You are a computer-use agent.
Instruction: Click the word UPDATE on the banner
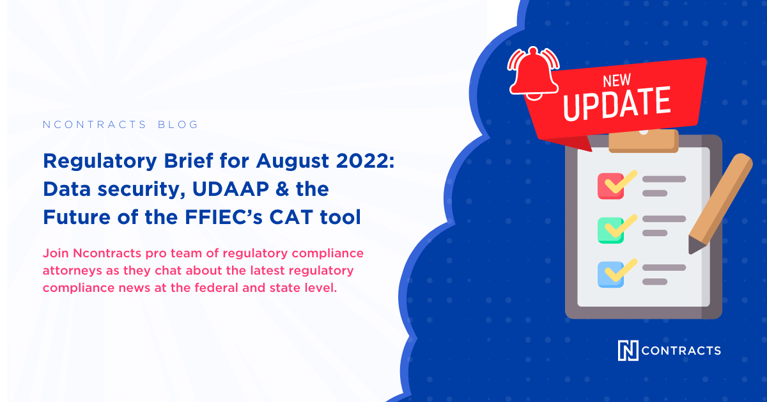click(x=618, y=104)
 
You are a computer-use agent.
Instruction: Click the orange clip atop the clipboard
click(x=643, y=140)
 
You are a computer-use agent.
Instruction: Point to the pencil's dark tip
click(x=693, y=246)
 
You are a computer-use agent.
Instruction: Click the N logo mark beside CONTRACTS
click(x=628, y=350)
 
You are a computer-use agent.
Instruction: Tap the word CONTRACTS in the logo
click(x=681, y=350)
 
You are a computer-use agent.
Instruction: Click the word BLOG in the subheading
click(x=178, y=124)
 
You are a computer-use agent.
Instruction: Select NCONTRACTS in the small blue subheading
click(x=95, y=124)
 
